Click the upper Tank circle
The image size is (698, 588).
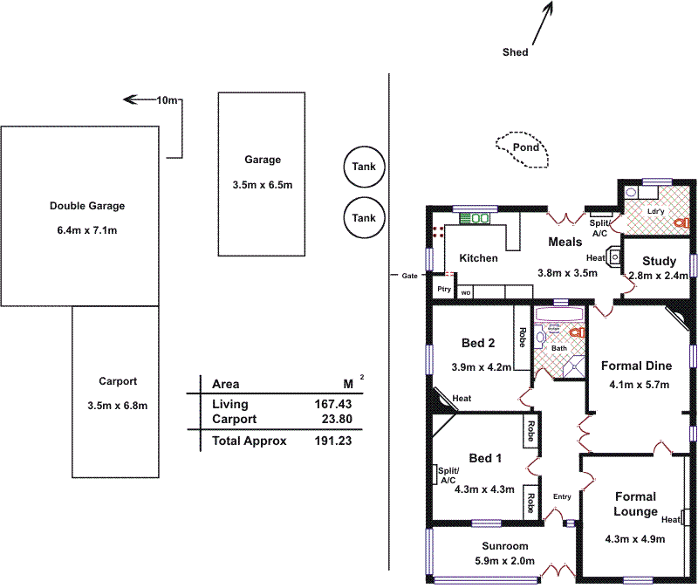[x=364, y=167]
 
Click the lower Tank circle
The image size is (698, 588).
[x=364, y=218]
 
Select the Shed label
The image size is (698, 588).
[x=515, y=52]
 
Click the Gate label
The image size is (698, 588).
[x=409, y=275]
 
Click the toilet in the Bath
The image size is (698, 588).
[x=575, y=332]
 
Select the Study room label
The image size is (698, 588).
[x=659, y=261]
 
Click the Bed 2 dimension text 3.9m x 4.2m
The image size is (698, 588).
[x=481, y=366]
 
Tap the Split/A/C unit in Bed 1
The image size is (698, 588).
[x=435, y=475]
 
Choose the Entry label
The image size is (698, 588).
[x=561, y=496]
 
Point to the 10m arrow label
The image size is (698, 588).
[x=167, y=100]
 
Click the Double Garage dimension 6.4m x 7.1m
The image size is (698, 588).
[x=87, y=230]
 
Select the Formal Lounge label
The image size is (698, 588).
[x=635, y=504]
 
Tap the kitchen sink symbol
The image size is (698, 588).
[x=477, y=217]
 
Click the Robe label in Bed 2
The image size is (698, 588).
[x=522, y=338]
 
